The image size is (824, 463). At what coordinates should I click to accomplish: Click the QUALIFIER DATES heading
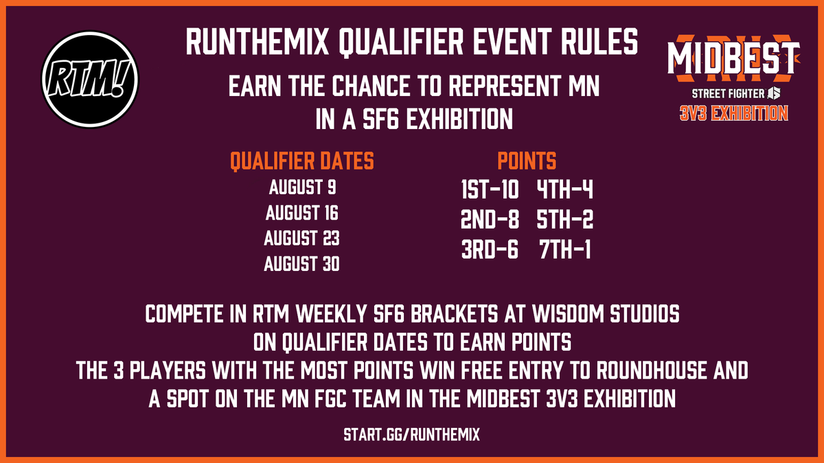[x=302, y=161]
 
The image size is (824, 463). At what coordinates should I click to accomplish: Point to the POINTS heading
[x=527, y=161]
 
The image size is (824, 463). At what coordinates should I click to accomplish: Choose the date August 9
[x=302, y=187]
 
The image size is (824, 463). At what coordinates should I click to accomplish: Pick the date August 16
[x=302, y=213]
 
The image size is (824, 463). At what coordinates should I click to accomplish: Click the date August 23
[x=302, y=239]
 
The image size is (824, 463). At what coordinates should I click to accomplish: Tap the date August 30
[x=302, y=264]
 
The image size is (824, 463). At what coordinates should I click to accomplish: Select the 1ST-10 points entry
[x=490, y=189]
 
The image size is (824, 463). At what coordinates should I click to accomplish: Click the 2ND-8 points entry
[x=490, y=220]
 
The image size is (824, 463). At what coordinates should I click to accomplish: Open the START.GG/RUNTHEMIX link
[x=412, y=435]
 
